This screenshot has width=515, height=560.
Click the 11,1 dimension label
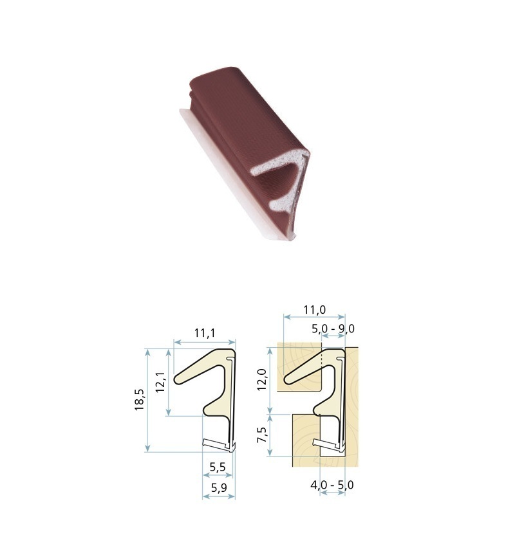pyautogui.click(x=205, y=333)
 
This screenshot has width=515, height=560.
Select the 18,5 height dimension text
pyautogui.click(x=140, y=399)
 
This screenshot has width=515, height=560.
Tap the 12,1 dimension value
pyautogui.click(x=160, y=382)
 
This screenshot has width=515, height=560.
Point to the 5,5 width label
pyautogui.click(x=218, y=467)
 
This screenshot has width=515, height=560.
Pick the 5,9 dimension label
pyautogui.click(x=219, y=487)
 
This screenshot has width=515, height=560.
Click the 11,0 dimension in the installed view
pyautogui.click(x=315, y=310)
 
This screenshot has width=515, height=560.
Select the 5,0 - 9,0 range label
pyautogui.click(x=333, y=328)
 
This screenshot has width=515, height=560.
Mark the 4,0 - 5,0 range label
pyautogui.click(x=332, y=485)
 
